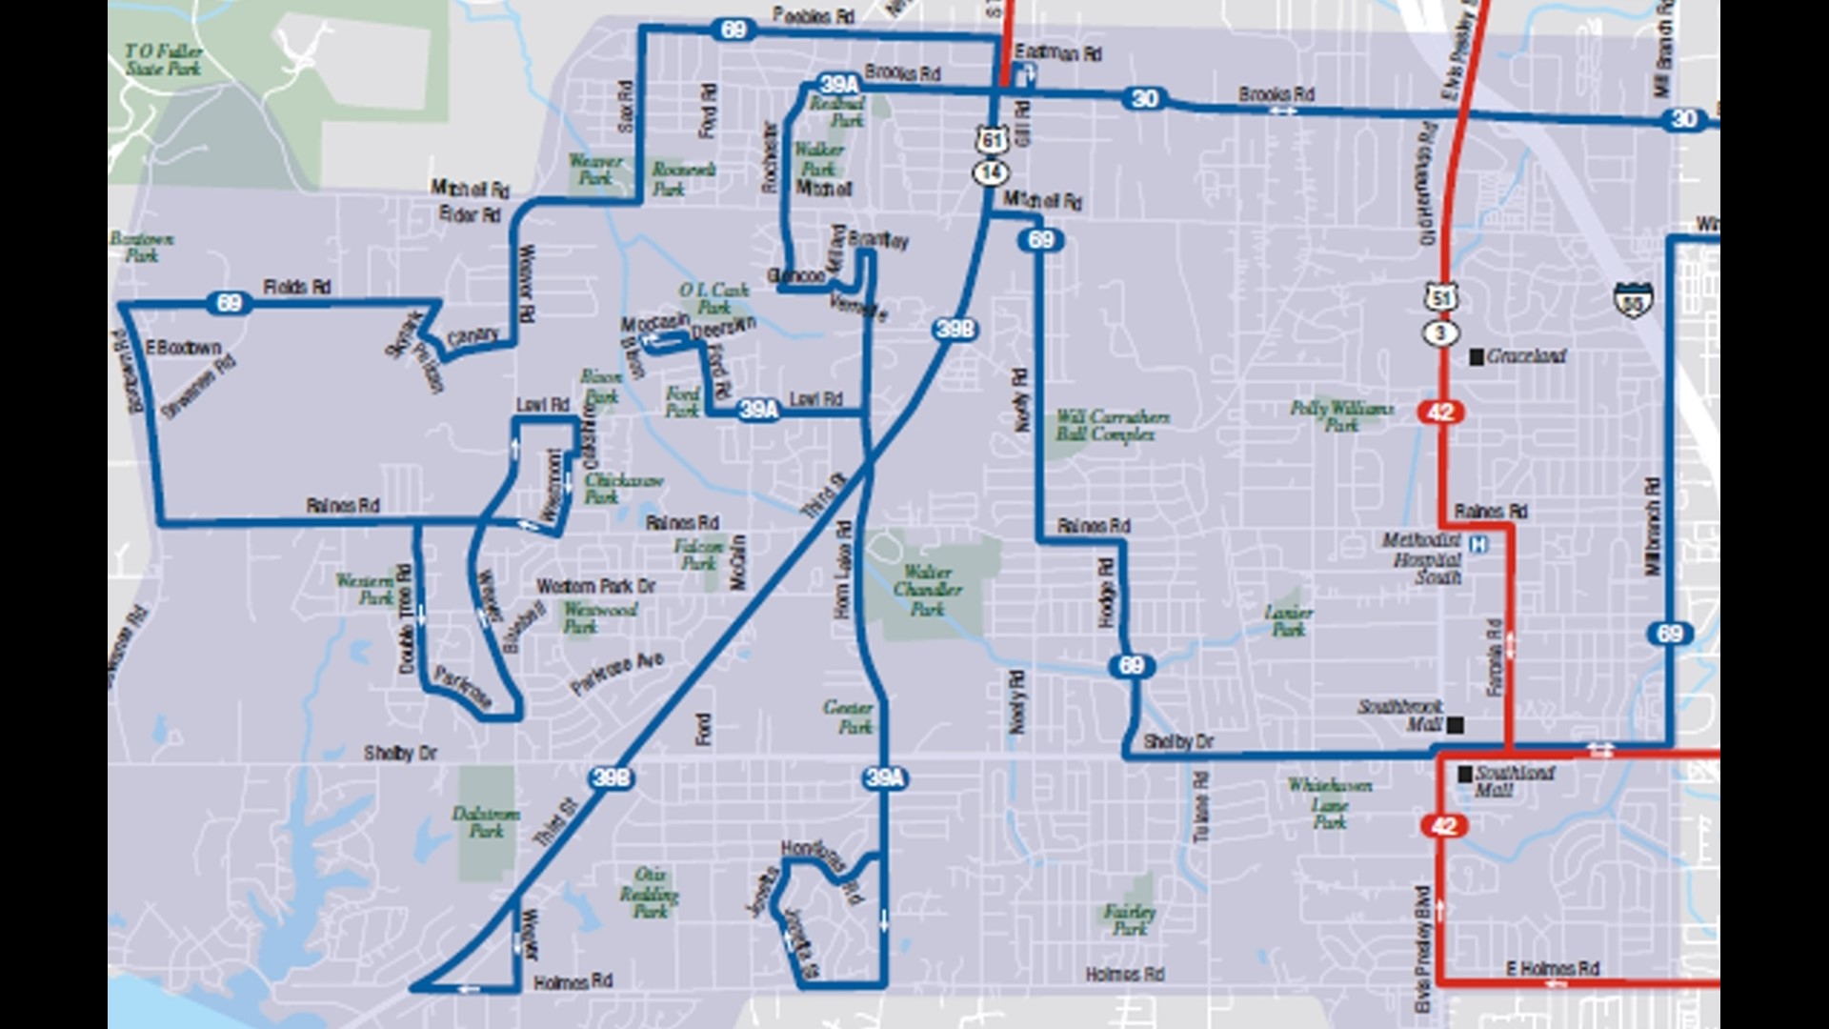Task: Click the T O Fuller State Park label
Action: point(164,59)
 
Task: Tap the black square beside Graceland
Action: point(1477,356)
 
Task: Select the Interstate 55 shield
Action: point(1633,300)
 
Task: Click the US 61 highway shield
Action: point(992,140)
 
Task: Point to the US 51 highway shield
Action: point(1441,297)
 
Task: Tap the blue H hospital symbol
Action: point(1478,545)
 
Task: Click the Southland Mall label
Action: point(1515,781)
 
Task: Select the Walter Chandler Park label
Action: point(928,590)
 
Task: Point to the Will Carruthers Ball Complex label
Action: point(1113,426)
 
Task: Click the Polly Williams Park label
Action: point(1341,416)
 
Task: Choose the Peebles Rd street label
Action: point(814,15)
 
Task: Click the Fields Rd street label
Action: point(296,287)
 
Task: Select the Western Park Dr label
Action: point(596,586)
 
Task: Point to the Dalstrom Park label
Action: point(486,822)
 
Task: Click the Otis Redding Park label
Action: point(650,893)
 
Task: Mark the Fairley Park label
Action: point(1130,919)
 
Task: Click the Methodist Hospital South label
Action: point(1422,558)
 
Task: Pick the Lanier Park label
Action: point(1289,620)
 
